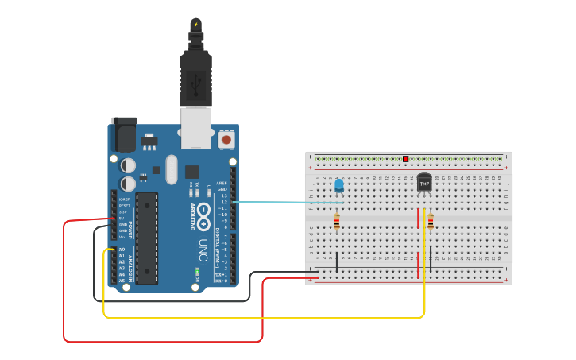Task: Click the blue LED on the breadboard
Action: point(339,186)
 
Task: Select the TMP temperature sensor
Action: point(424,183)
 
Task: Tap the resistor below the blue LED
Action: point(337,222)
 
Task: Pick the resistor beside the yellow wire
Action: point(431,221)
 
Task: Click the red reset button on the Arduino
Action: point(226,140)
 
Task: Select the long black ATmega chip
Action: point(146,237)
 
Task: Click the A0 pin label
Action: point(121,250)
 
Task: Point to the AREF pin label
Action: point(222,183)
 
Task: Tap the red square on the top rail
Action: point(405,159)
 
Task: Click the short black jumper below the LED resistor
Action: point(337,261)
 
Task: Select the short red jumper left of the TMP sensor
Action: point(418,217)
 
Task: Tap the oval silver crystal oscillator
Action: point(172,169)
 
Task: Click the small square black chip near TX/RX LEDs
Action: point(191,171)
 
